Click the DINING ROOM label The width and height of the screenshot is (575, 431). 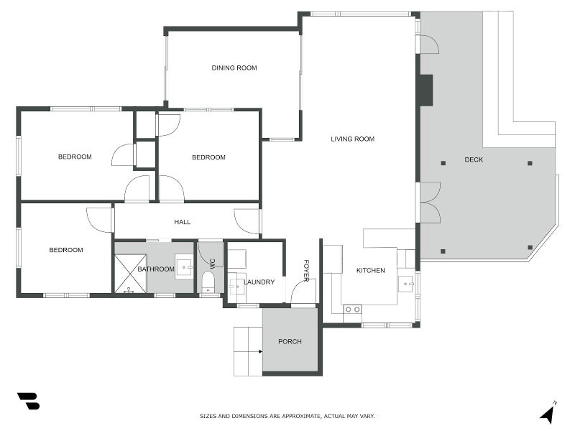click(234, 68)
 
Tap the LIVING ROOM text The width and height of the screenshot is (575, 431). click(352, 139)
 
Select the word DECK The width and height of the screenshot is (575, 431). click(474, 159)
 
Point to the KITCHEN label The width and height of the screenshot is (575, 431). click(371, 271)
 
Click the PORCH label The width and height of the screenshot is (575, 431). click(290, 341)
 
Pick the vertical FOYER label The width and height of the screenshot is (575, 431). click(306, 270)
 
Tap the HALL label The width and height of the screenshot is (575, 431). click(183, 222)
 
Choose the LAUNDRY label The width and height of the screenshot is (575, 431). click(259, 282)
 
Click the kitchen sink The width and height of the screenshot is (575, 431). click(406, 283)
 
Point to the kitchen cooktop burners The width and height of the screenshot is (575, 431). click(352, 309)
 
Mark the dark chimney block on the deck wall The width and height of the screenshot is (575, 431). click(425, 91)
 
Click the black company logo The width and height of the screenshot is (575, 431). click(28, 401)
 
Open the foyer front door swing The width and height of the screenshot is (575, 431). click(303, 291)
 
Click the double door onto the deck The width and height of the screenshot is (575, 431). click(429, 203)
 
